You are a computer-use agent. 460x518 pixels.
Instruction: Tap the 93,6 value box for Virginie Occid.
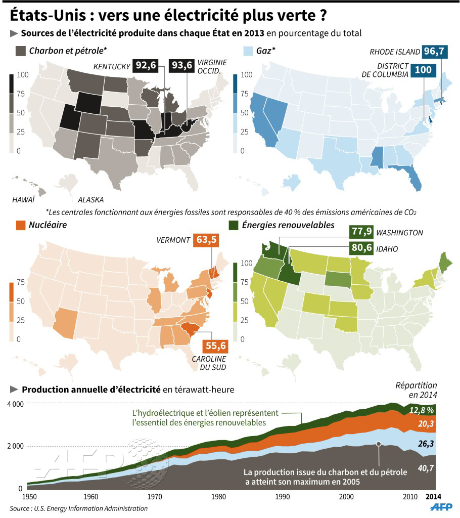(x=182, y=66)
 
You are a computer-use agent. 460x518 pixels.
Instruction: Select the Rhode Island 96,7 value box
(x=438, y=52)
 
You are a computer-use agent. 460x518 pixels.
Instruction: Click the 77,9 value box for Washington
(x=361, y=232)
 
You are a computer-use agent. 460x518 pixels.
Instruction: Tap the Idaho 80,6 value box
(x=361, y=249)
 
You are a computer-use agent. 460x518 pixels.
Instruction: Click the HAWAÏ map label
(x=23, y=200)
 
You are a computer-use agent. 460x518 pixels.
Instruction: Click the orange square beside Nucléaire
(x=21, y=225)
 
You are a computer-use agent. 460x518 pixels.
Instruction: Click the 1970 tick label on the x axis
(x=156, y=497)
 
